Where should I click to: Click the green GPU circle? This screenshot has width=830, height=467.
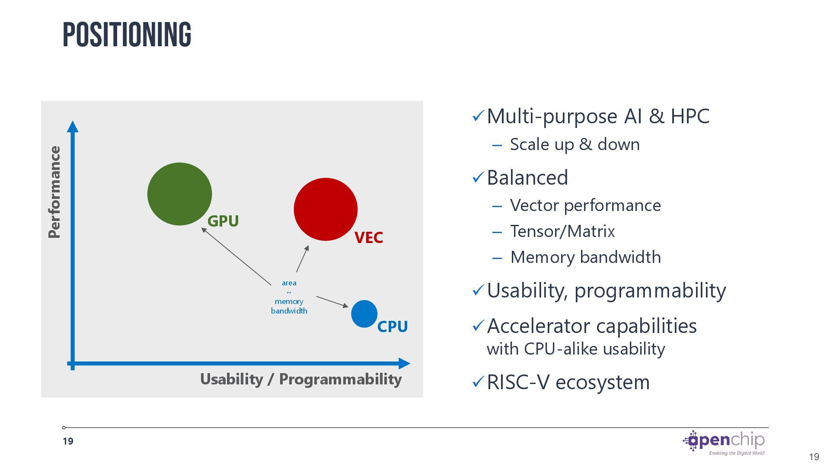(x=179, y=194)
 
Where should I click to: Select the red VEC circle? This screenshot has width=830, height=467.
(x=326, y=209)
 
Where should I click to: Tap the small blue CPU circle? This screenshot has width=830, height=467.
(x=364, y=314)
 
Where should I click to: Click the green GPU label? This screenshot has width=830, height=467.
(x=223, y=221)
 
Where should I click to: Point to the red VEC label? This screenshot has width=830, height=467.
(x=368, y=237)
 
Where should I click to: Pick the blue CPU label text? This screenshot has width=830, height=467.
(x=392, y=326)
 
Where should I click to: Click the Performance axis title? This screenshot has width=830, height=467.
(x=54, y=192)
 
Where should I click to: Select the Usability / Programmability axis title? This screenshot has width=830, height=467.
(x=301, y=379)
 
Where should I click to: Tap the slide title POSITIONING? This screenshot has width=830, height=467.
(x=127, y=35)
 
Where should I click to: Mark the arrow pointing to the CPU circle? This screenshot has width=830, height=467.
(x=332, y=301)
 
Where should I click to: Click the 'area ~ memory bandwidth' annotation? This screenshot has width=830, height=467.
(x=289, y=297)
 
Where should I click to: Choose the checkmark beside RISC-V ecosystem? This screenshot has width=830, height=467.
(x=478, y=382)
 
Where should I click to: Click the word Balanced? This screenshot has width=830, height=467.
(x=527, y=178)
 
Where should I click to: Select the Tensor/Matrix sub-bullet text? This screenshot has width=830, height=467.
(x=562, y=231)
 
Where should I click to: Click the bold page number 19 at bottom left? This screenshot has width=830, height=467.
(x=68, y=441)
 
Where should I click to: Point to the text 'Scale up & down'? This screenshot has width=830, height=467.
(x=575, y=144)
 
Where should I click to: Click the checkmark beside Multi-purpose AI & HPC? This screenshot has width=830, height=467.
(x=478, y=116)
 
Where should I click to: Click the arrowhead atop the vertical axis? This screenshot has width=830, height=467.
(x=73, y=127)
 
